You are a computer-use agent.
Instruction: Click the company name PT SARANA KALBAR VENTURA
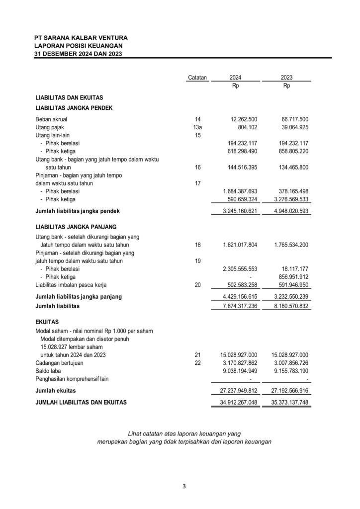tap(81, 37)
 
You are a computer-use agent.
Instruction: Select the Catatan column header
tap(197, 78)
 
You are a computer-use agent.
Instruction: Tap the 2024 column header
tap(236, 78)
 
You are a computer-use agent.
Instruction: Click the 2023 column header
tap(286, 78)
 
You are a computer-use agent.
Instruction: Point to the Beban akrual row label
tap(51, 119)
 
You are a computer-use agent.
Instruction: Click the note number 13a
tap(198, 127)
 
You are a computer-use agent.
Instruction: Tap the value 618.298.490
tap(238, 151)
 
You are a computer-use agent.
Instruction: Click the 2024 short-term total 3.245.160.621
tap(236, 211)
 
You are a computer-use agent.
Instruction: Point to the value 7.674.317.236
tap(236, 307)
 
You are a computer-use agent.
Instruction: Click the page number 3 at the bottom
tap(184, 486)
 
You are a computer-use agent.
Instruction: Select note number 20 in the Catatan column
tap(198, 285)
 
